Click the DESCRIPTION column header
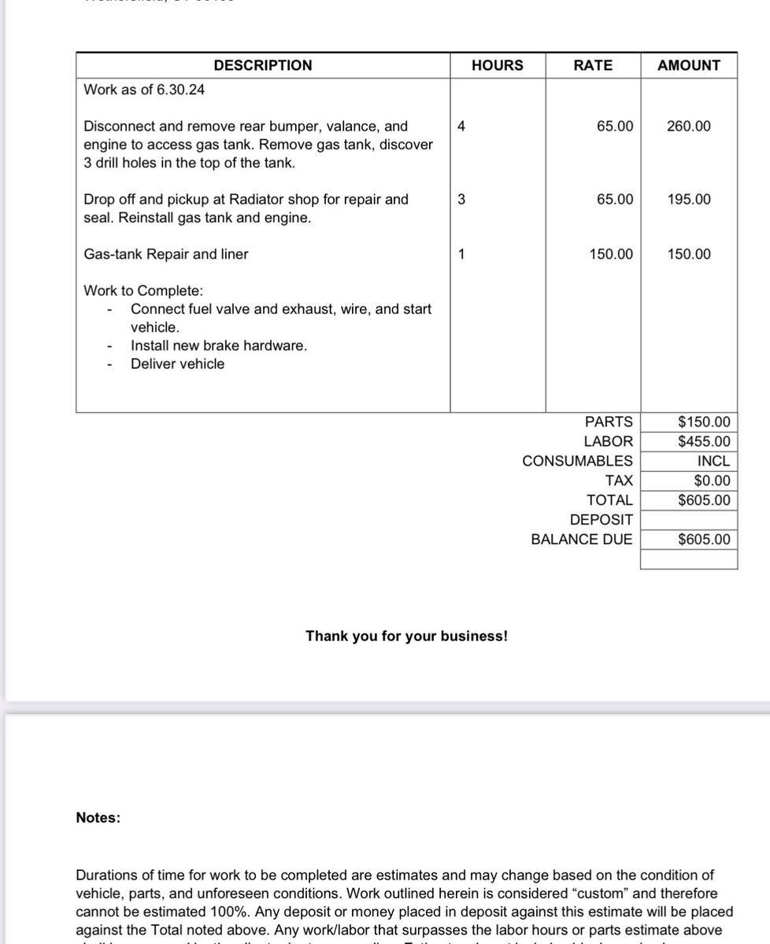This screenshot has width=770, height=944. pos(262,65)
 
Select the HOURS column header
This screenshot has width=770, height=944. pos(497,65)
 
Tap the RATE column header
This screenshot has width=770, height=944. pos(593,65)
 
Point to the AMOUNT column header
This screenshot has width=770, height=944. pos(688,65)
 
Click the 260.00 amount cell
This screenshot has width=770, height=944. pos(688,126)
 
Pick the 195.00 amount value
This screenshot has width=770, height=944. pos(688,199)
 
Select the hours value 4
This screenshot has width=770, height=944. pos(461,126)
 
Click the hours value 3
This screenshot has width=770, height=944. pos(461,199)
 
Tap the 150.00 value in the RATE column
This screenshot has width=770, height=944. pos(611,254)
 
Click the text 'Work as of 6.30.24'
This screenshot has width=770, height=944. pos(144,90)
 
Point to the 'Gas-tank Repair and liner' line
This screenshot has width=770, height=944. pos(165,254)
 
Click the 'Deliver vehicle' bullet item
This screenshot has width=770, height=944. pos(177,363)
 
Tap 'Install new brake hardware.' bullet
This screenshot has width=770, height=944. pos(219,345)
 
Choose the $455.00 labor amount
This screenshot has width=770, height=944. pos(704,441)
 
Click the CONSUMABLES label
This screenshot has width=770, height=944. pos(577,461)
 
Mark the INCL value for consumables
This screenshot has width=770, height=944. pos(713,461)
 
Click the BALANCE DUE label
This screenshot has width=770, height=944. pos(581,540)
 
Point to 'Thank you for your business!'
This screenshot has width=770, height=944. pos(406,636)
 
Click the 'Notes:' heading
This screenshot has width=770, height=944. pos(98,818)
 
